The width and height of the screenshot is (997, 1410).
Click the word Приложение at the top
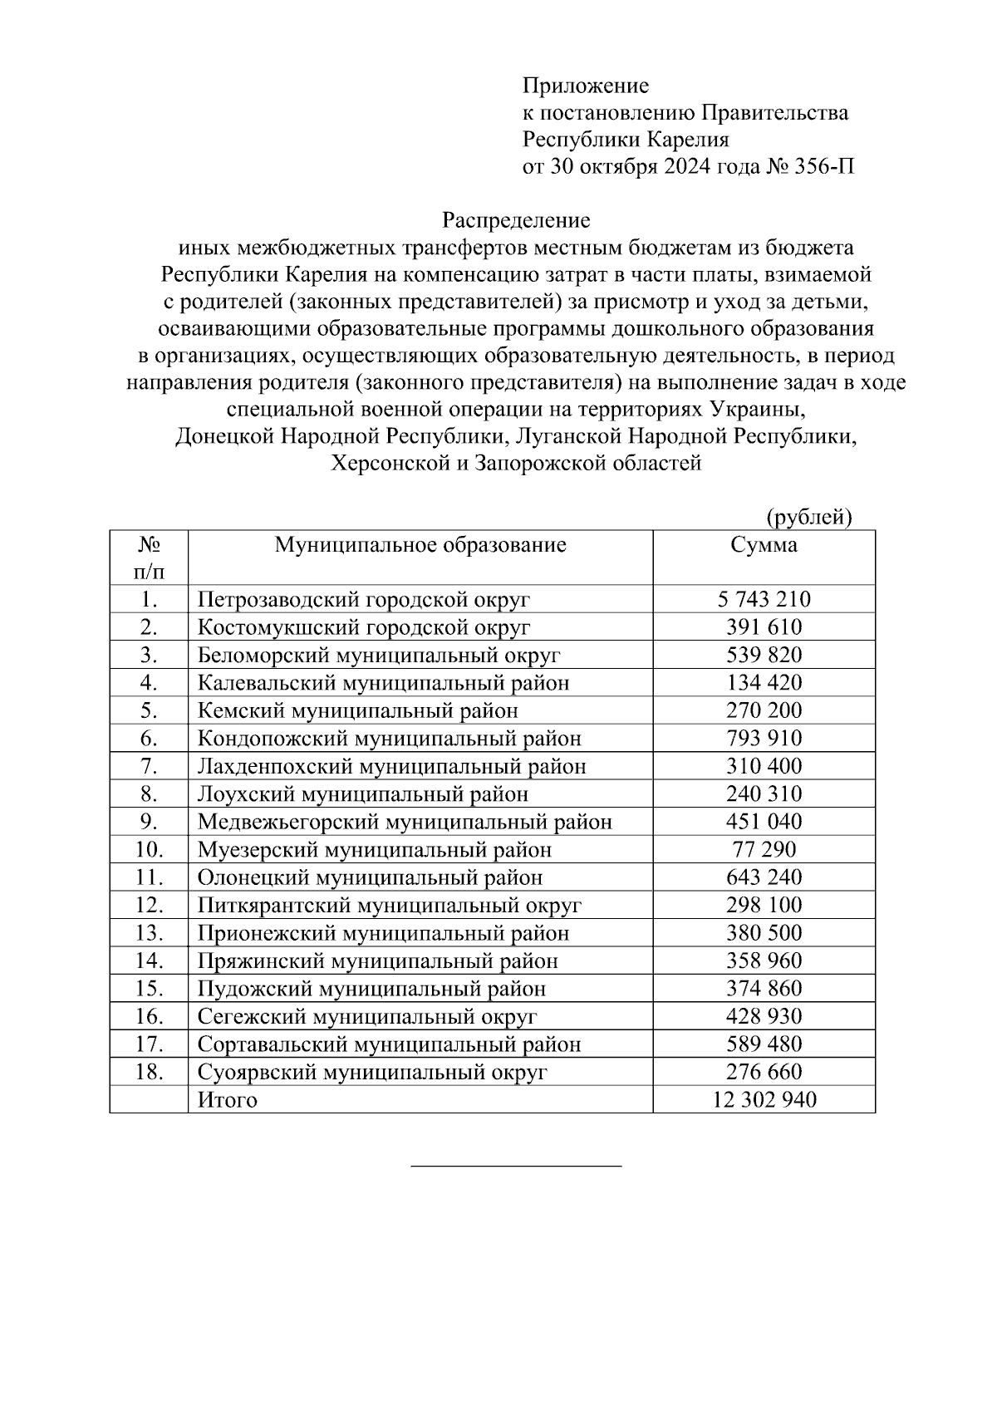click(585, 86)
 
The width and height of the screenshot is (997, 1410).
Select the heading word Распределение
click(515, 220)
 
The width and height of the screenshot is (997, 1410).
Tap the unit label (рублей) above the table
click(809, 517)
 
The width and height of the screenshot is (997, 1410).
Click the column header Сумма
click(764, 545)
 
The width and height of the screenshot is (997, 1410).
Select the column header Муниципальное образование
click(420, 545)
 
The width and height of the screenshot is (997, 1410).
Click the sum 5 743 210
click(764, 599)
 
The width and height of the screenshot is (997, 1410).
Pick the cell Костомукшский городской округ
click(363, 627)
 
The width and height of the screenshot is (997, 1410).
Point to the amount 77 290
click(764, 849)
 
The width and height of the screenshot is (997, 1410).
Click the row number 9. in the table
click(149, 822)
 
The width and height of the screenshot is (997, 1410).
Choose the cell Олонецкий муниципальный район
click(370, 877)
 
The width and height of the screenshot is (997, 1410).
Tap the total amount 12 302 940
click(764, 1100)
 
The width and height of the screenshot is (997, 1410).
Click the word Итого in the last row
click(228, 1100)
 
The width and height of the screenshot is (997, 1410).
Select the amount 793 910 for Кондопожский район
click(764, 738)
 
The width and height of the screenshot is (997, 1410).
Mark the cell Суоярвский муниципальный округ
click(372, 1072)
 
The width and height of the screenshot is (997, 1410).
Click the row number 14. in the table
click(149, 960)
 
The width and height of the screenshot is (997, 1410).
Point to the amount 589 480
click(764, 1044)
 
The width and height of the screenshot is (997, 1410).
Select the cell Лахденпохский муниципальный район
click(391, 766)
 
